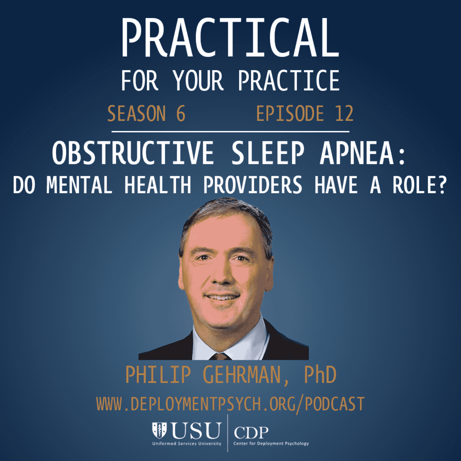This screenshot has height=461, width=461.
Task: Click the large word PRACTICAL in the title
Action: point(230,38)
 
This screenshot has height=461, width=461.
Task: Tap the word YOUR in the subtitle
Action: point(198,81)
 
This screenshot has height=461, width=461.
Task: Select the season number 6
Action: point(181,114)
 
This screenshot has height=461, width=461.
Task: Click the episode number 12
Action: point(344,114)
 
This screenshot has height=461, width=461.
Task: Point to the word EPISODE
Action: point(290,114)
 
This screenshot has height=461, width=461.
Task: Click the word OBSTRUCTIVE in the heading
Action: point(133,153)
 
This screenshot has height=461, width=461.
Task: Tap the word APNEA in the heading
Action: point(357,153)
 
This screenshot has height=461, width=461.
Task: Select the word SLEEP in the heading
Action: point(267,153)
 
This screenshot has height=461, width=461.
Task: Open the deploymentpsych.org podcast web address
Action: point(230,404)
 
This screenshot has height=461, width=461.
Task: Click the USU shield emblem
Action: point(159,430)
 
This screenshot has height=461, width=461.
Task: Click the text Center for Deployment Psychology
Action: point(271,444)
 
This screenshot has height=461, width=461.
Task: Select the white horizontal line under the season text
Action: point(230,131)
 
